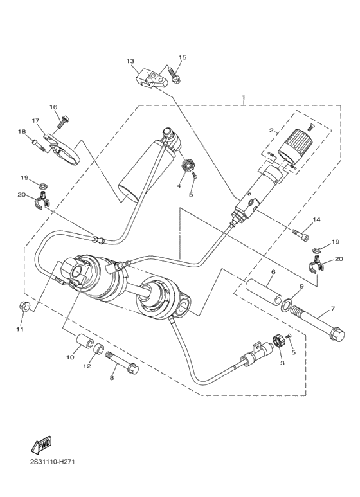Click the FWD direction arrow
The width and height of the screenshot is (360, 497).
click(x=41, y=445)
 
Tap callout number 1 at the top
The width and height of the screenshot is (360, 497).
click(x=243, y=98)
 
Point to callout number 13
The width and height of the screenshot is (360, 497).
click(x=130, y=61)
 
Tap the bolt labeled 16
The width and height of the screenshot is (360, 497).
click(x=65, y=121)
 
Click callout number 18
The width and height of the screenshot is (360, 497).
click(x=21, y=132)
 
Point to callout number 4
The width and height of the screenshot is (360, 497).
click(x=180, y=186)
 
